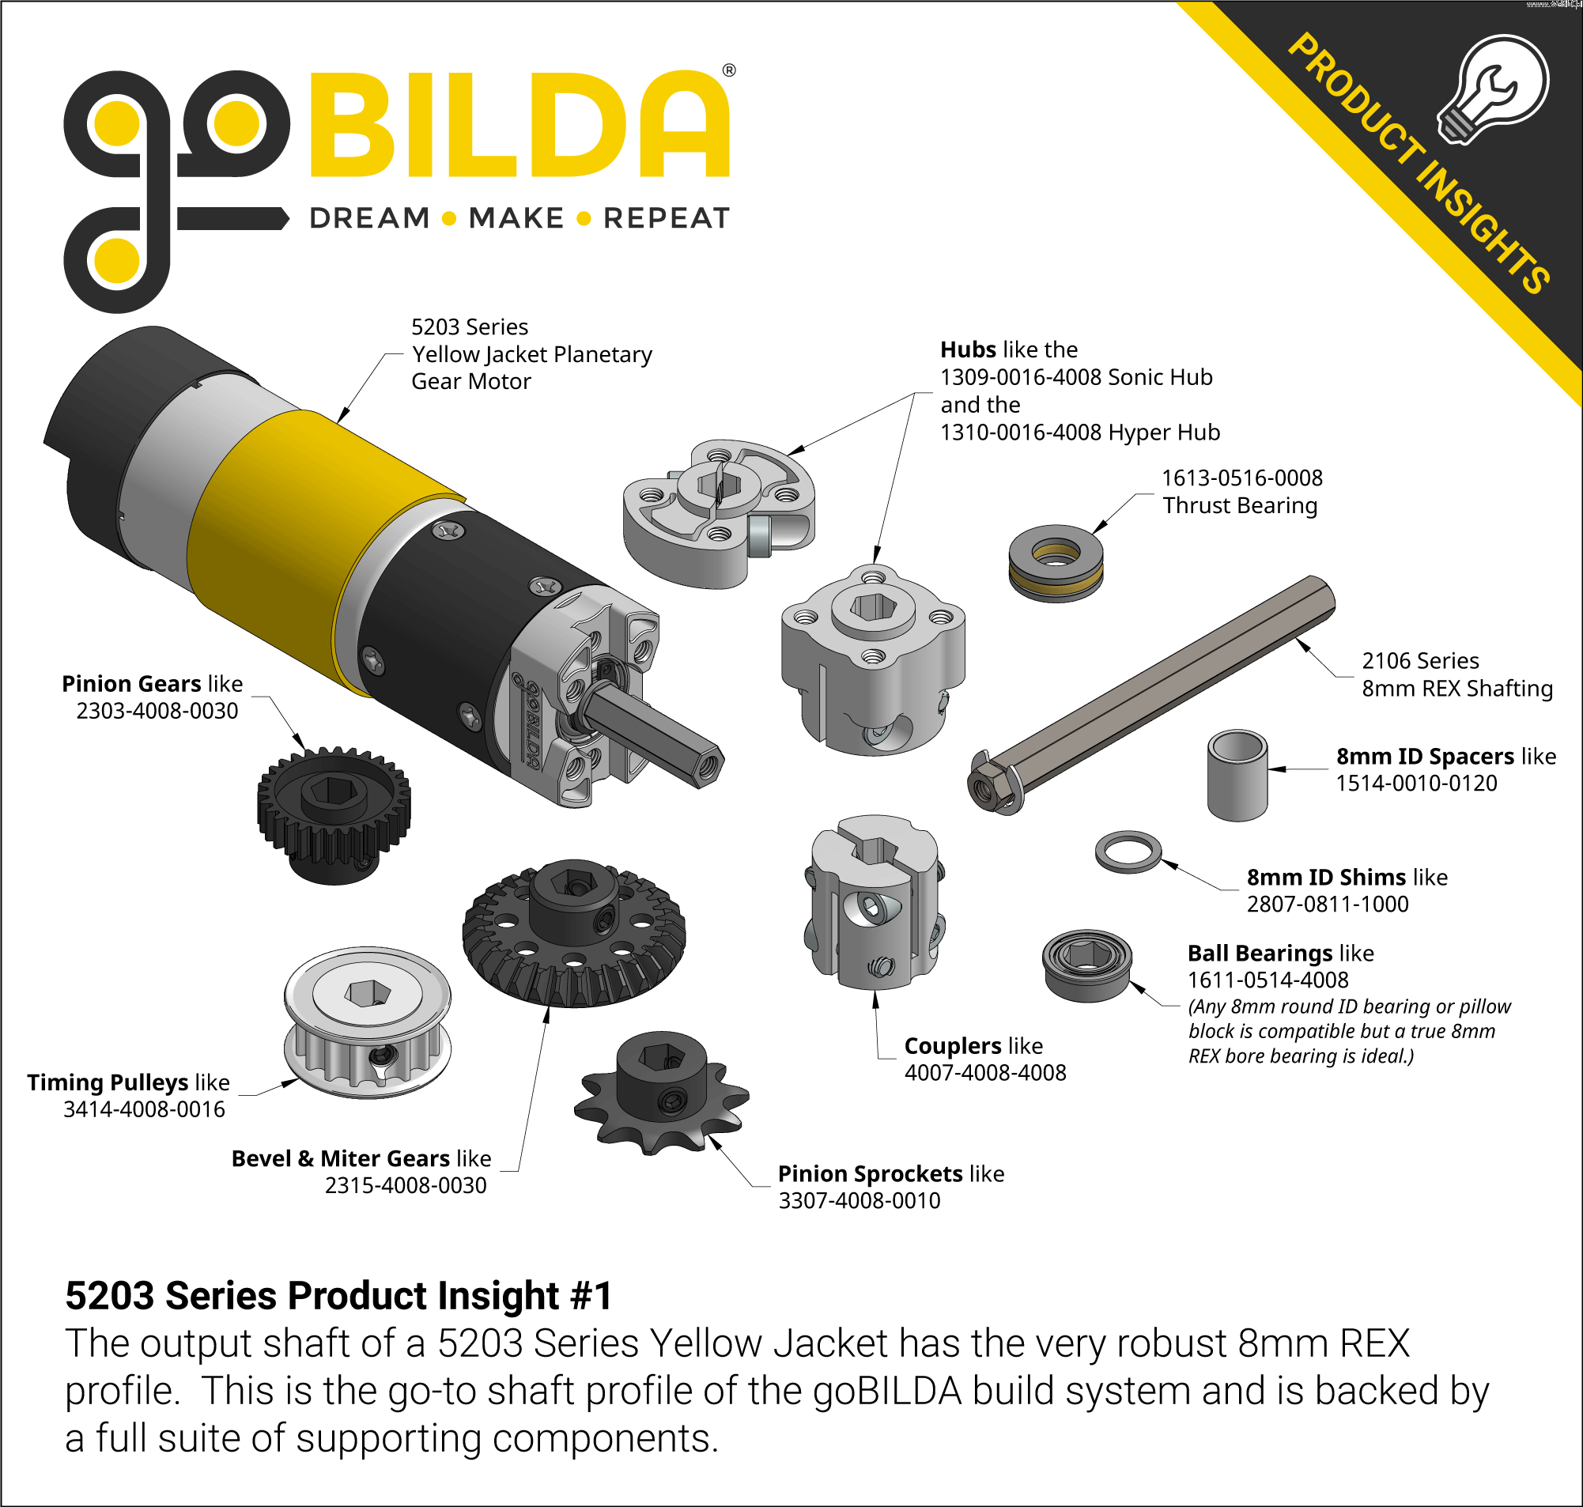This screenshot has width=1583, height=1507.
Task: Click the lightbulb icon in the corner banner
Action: (x=1493, y=89)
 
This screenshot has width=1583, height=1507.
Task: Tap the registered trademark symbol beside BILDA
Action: (x=728, y=70)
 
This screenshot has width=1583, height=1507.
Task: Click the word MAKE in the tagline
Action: (x=516, y=218)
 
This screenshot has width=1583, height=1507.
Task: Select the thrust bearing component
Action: (x=1056, y=563)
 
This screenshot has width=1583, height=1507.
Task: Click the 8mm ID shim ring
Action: (x=1128, y=852)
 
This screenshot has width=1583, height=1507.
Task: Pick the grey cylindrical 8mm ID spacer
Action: (x=1237, y=775)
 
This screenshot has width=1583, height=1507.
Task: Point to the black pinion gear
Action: (x=334, y=814)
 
